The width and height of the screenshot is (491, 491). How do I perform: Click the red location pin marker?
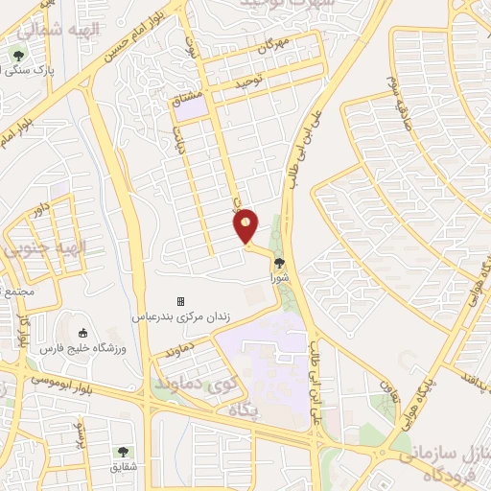246,225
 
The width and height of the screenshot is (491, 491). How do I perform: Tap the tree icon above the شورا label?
279,262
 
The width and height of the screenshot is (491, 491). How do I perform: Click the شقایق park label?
123,466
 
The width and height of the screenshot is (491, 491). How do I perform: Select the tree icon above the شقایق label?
122,451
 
